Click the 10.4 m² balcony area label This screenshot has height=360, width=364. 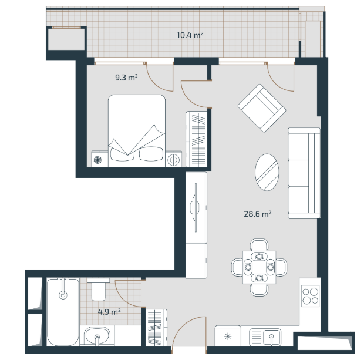[x=190, y=35]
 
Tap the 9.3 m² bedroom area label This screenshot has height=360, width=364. [x=126, y=77]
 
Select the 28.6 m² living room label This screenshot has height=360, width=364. [x=258, y=214]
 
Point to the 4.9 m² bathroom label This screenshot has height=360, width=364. [x=109, y=311]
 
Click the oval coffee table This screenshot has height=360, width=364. [x=267, y=172]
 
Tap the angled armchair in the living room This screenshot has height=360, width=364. [x=262, y=108]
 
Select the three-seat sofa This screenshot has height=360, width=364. [x=304, y=173]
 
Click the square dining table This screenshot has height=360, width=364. [x=259, y=267]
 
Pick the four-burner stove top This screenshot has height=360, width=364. [x=311, y=296]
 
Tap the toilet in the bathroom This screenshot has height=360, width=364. [x=99, y=289]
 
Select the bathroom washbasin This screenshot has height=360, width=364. [x=97, y=337]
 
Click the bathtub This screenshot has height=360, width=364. [x=63, y=312]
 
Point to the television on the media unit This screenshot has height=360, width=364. [x=195, y=207]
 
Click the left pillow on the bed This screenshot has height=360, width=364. [x=122, y=154]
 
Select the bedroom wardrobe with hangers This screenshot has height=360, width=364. [x=197, y=139]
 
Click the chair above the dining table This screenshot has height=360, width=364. [x=259, y=245]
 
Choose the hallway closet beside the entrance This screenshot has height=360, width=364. [x=156, y=328]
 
